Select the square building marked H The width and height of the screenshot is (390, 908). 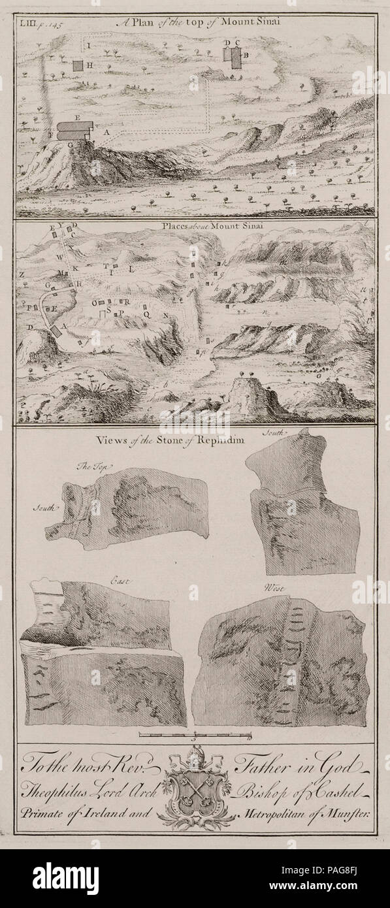pyautogui.click(x=78, y=66)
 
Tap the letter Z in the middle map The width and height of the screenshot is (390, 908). pyautogui.click(x=22, y=275)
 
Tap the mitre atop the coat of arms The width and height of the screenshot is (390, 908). pyautogui.click(x=196, y=762)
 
